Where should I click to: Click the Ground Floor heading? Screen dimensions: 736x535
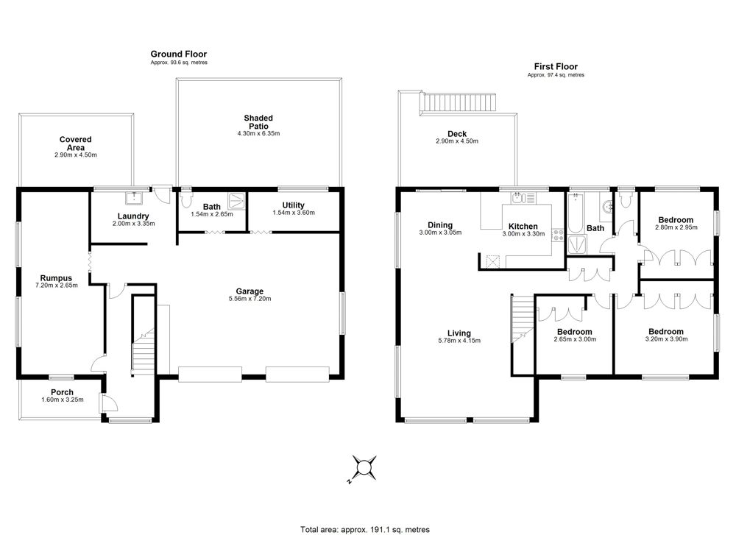[x=178, y=54]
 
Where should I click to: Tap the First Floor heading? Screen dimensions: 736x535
[x=556, y=67]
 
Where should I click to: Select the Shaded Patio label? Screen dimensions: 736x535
[x=258, y=122]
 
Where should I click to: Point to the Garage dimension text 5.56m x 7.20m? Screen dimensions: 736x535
[x=250, y=299]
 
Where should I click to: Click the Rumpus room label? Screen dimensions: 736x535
[x=56, y=278]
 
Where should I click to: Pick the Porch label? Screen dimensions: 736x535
[x=62, y=392]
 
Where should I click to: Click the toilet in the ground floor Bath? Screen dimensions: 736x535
[x=186, y=199]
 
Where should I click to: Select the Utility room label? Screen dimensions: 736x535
[x=294, y=205]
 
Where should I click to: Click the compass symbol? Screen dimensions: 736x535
[x=364, y=468]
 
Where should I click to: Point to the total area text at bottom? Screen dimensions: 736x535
[x=365, y=529]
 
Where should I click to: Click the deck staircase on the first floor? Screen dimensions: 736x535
[x=458, y=102]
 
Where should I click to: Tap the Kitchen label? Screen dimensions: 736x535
[x=523, y=226]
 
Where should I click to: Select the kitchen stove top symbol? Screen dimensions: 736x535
[x=558, y=235]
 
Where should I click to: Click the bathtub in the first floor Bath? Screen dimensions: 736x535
[x=575, y=213]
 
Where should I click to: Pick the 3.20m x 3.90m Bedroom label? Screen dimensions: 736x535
[x=665, y=335]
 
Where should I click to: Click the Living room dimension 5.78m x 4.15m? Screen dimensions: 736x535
[x=459, y=341]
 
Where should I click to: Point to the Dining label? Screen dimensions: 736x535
[x=440, y=224]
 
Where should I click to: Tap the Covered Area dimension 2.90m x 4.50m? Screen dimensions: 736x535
[x=76, y=155]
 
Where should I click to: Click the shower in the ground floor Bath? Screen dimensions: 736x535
[x=238, y=202]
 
